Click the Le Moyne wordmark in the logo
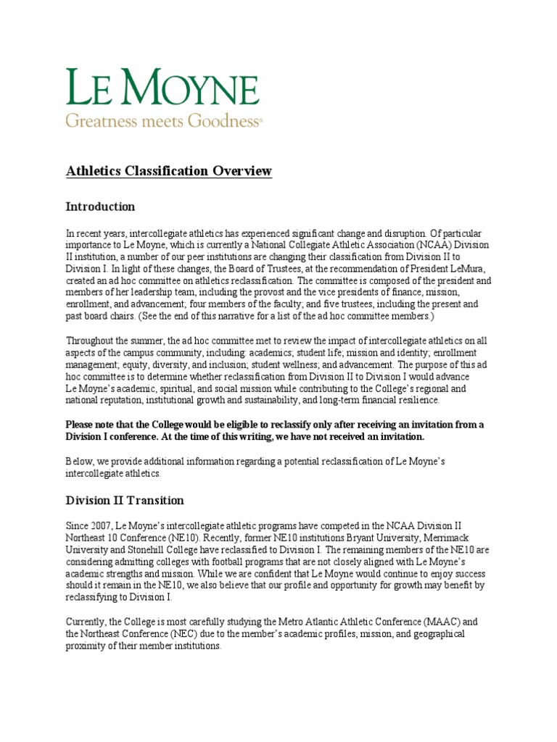click(162, 88)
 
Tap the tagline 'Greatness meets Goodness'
click(164, 121)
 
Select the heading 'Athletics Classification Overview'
click(169, 172)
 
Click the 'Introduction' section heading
click(100, 207)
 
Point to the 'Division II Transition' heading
click(125, 501)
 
